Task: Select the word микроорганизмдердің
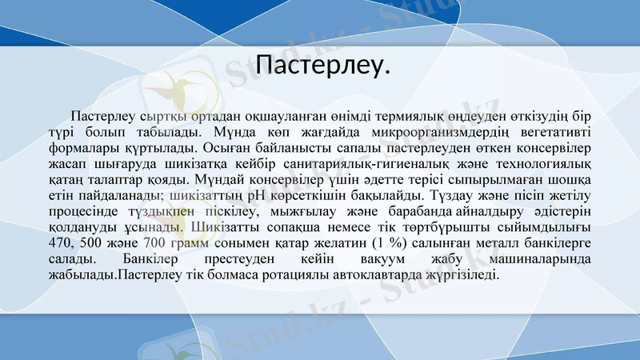(424, 131)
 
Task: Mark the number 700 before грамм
(156, 243)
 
